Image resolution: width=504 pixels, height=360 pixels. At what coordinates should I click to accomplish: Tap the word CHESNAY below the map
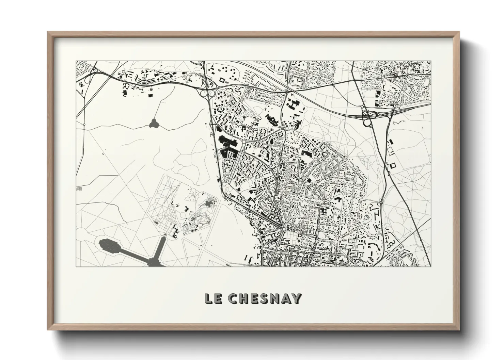pos(265,298)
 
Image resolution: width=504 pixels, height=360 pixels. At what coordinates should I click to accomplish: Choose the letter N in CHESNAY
pos(275,298)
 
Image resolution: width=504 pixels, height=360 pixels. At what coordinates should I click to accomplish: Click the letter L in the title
pos(208,298)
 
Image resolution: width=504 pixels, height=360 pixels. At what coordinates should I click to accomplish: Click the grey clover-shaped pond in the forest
pos(154,123)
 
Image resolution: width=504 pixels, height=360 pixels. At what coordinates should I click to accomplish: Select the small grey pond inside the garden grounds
pos(207,204)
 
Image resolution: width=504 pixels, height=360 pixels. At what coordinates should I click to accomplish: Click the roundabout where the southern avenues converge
pos(284,230)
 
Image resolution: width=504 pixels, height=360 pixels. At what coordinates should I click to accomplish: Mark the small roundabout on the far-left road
pos(84,125)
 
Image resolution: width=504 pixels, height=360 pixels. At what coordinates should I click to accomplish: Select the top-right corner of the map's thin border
pos(431,61)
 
